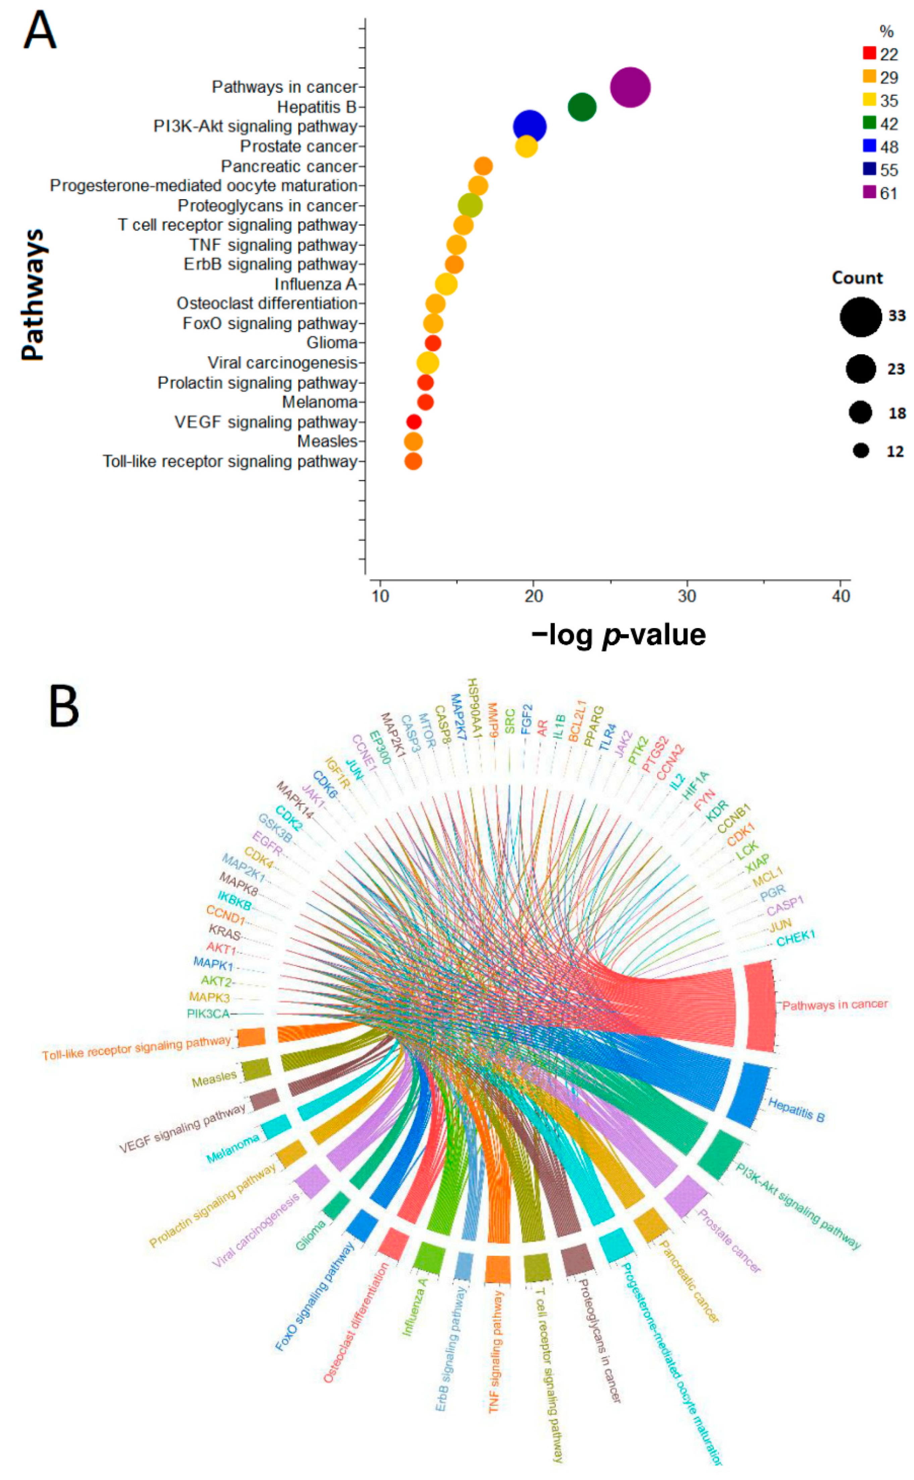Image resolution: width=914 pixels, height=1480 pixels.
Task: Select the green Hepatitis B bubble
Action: click(582, 107)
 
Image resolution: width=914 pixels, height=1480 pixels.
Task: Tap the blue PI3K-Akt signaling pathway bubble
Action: click(530, 127)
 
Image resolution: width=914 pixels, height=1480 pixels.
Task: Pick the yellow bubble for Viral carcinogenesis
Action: click(427, 362)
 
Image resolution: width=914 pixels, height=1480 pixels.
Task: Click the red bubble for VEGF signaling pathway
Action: click(414, 422)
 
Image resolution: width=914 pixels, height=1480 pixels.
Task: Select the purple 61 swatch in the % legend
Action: click(869, 193)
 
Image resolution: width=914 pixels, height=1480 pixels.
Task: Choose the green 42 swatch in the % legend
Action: click(869, 123)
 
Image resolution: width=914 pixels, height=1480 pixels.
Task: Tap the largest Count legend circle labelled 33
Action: click(860, 316)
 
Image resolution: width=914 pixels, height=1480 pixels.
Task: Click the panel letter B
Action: click(63, 707)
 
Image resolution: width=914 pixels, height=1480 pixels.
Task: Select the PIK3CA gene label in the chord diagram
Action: click(208, 1014)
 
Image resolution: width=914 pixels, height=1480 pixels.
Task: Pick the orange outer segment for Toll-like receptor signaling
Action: click(252, 1037)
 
